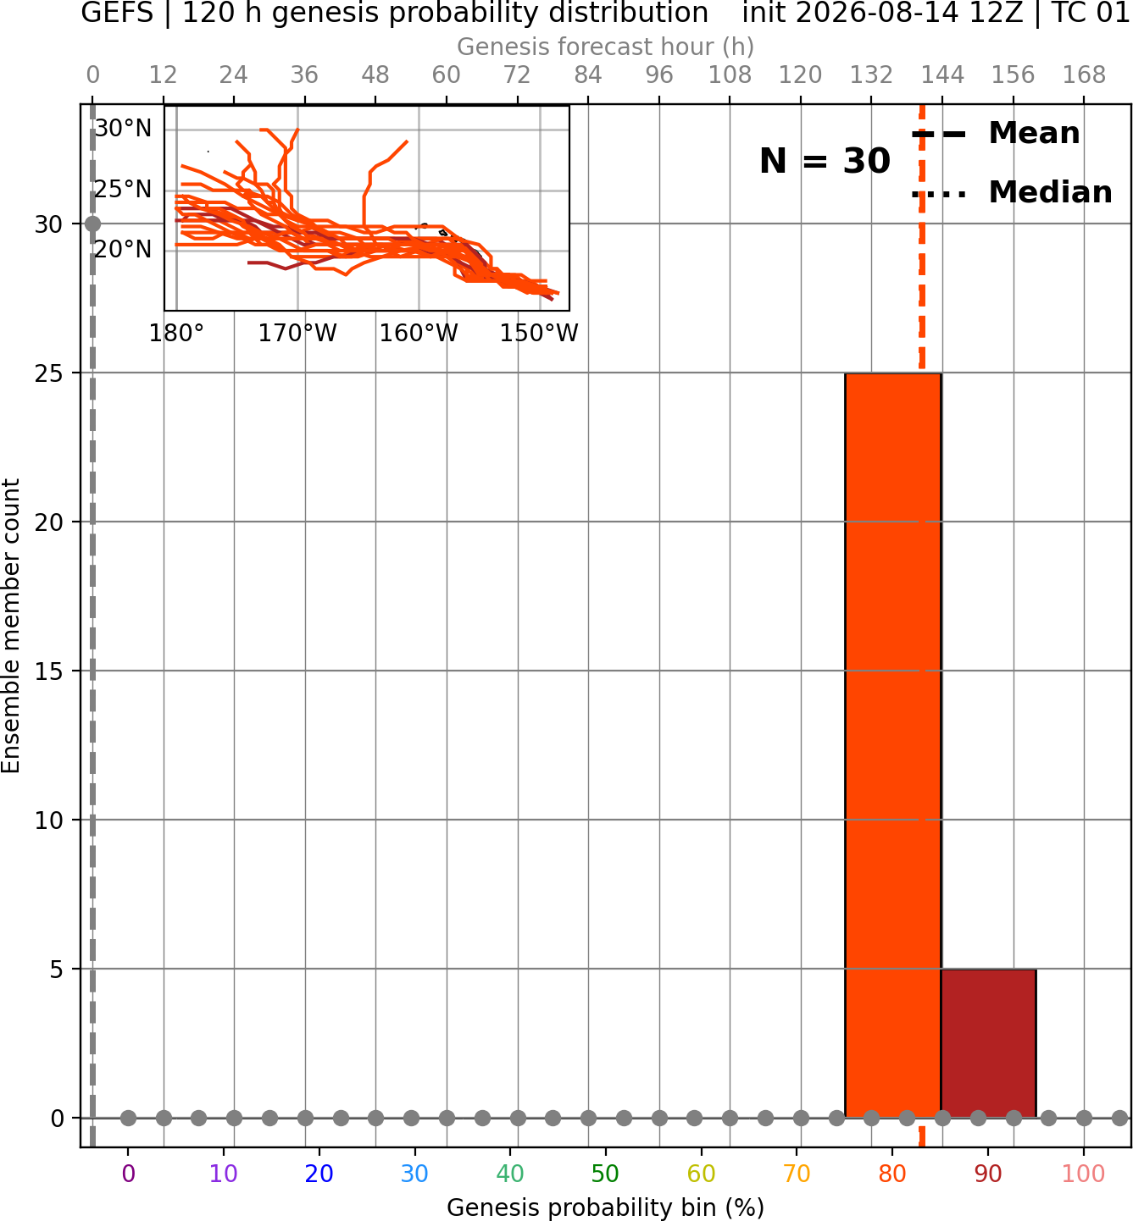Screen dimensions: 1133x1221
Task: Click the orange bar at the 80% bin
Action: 893,745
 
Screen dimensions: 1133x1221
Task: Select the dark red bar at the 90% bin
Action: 989,1043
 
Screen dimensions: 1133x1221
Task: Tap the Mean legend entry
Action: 996,134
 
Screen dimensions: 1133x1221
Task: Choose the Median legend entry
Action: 1012,192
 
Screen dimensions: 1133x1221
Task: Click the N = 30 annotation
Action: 825,161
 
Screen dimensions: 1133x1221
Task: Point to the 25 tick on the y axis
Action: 49,373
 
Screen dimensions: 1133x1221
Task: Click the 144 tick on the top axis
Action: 942,75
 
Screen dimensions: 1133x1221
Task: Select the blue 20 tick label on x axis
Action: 319,1174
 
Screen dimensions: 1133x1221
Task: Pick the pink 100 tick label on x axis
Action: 1084,1174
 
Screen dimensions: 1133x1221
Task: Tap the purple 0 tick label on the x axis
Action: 128,1174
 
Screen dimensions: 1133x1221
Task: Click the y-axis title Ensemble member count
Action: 10,626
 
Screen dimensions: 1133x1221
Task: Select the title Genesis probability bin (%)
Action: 606,1207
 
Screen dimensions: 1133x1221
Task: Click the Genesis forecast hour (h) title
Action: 606,47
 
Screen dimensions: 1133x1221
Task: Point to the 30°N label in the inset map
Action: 123,129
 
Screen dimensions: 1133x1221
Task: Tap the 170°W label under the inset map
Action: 297,334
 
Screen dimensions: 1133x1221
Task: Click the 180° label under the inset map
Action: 176,334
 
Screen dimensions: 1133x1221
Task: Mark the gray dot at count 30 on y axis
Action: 92,224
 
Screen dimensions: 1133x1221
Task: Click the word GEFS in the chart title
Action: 117,13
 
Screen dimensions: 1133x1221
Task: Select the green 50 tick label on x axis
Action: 606,1174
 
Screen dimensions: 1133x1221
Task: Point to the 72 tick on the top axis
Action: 517,75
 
